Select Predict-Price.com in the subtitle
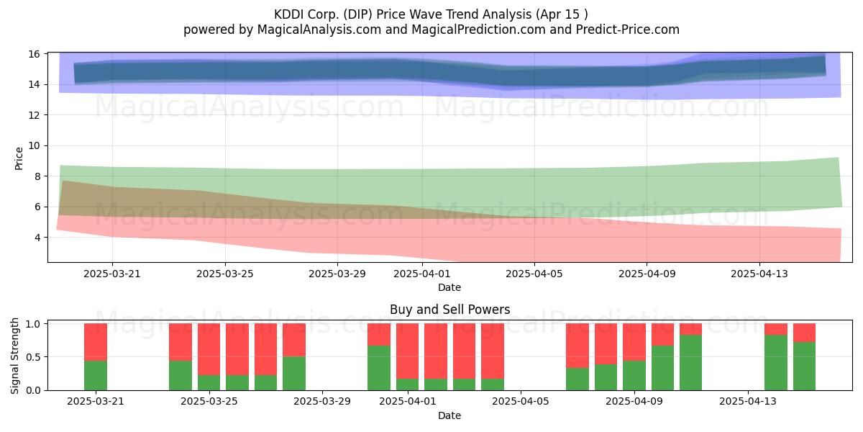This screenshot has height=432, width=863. click(628, 30)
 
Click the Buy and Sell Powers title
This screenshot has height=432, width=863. click(449, 310)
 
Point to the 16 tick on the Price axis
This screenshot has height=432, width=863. click(34, 54)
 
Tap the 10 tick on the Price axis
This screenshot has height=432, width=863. click(34, 145)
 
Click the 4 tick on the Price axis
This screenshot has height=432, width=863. click(37, 237)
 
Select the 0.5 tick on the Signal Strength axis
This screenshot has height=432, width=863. click(33, 357)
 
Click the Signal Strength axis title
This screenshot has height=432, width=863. click(14, 356)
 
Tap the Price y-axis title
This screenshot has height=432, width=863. click(19, 158)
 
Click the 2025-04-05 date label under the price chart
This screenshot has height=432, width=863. click(534, 274)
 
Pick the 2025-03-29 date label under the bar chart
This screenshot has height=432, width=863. click(322, 402)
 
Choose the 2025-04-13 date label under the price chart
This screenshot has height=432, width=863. click(759, 274)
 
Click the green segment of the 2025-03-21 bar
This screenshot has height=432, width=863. click(96, 375)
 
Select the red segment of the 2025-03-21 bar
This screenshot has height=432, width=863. click(96, 342)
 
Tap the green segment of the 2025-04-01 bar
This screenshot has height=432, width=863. click(408, 384)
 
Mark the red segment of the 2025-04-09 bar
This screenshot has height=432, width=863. click(634, 342)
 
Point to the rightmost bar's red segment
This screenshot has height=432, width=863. click(805, 333)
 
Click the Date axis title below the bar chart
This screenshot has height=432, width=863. click(449, 415)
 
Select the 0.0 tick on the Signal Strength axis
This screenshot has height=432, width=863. click(33, 390)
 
